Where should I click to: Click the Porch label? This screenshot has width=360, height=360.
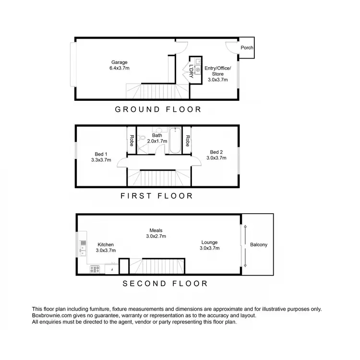(x=247, y=48)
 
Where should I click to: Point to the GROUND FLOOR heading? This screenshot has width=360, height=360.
(x=158, y=109)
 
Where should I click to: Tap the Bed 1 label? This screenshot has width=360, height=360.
(x=101, y=157)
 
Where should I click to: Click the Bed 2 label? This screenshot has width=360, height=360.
(x=216, y=155)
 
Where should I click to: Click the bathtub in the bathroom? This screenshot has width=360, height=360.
(x=174, y=141)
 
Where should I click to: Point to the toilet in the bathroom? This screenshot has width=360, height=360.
(x=142, y=139)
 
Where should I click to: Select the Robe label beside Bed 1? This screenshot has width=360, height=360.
(x=132, y=141)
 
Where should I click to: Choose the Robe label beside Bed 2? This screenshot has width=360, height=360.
(x=188, y=141)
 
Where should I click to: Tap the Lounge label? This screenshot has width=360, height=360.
(x=210, y=245)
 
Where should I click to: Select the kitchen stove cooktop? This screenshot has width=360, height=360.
(x=94, y=270)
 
